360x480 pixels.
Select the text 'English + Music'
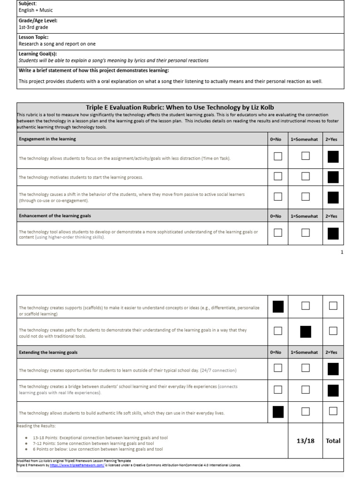pyautogui.click(x=36, y=10)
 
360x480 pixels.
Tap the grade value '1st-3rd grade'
pyautogui.click(x=33, y=27)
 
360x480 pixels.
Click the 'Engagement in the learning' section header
pyautogui.click(x=47, y=139)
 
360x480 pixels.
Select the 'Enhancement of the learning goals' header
pyautogui.click(x=55, y=216)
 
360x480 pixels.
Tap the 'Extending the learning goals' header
pyautogui.click(x=48, y=352)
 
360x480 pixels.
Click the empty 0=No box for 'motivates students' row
pyautogui.click(x=278, y=176)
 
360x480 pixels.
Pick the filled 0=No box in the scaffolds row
pyautogui.click(x=278, y=307)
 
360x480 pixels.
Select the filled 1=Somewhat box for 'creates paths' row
pyautogui.click(x=306, y=331)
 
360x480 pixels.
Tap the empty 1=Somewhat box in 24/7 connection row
pyautogui.click(x=306, y=368)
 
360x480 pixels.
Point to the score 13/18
pyautogui.click(x=306, y=441)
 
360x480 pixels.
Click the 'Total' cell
pyautogui.click(x=333, y=441)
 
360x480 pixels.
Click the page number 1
pyautogui.click(x=342, y=252)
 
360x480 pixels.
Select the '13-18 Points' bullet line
pyautogui.click(x=100, y=437)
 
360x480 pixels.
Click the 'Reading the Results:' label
pyautogui.click(x=37, y=426)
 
